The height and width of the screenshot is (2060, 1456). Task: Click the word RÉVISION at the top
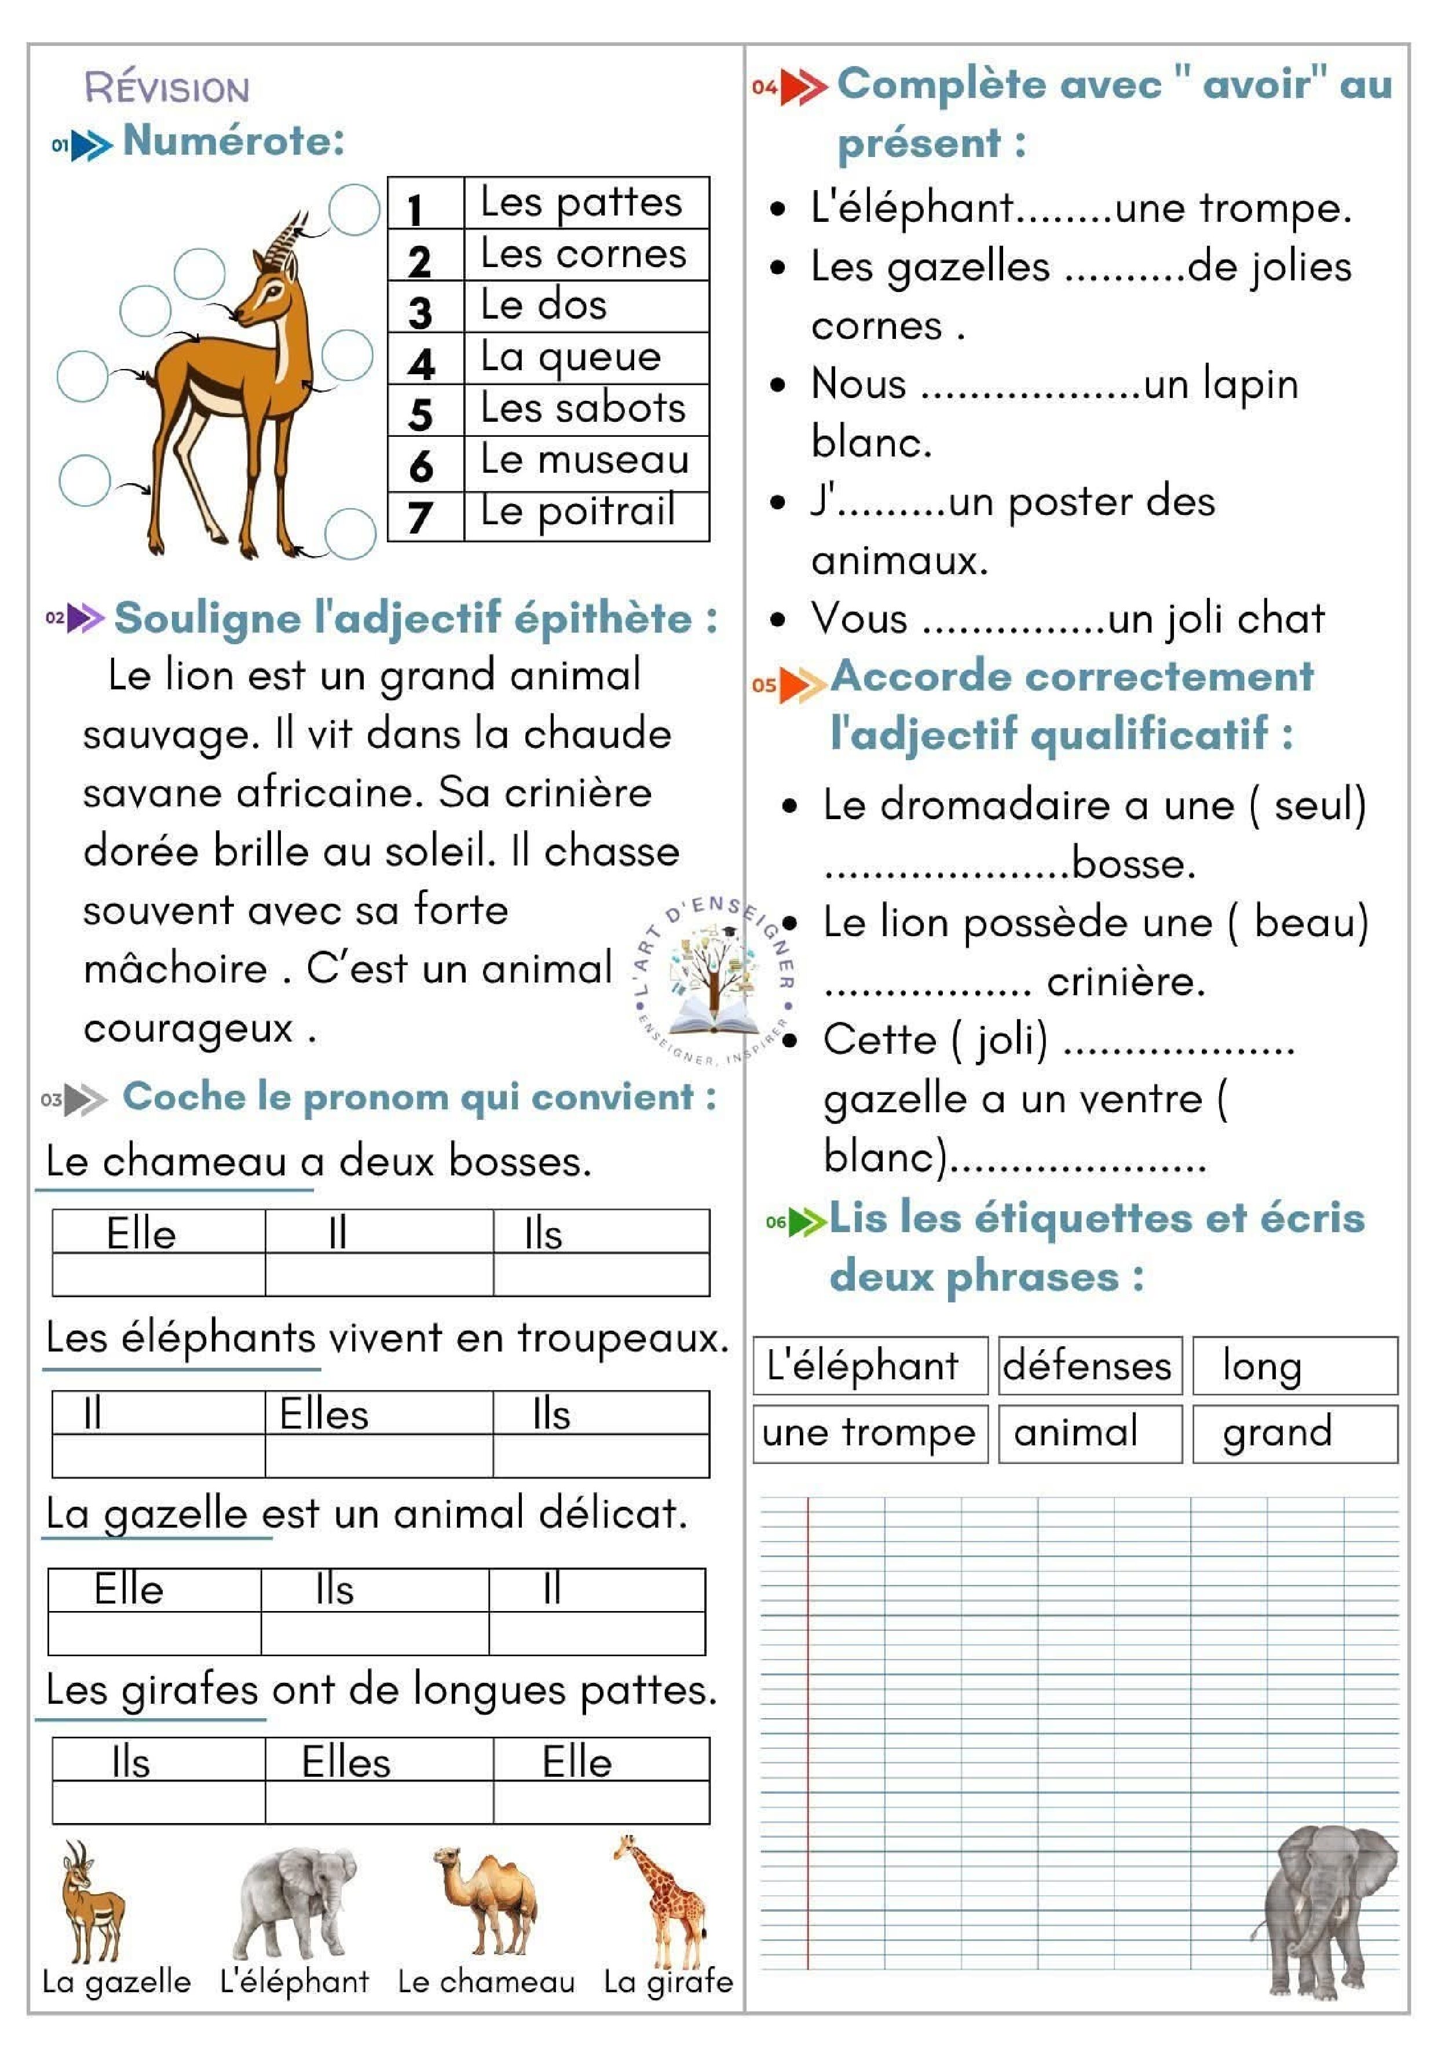point(167,88)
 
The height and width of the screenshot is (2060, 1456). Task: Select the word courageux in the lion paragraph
point(188,1029)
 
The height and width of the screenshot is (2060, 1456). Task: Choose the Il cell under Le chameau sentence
point(337,1234)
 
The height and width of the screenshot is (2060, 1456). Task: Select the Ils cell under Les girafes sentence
point(131,1762)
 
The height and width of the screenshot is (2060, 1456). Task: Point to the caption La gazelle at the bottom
point(116,1981)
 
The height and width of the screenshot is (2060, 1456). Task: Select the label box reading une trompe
point(868,1433)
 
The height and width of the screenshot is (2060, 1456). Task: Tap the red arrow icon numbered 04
point(800,87)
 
